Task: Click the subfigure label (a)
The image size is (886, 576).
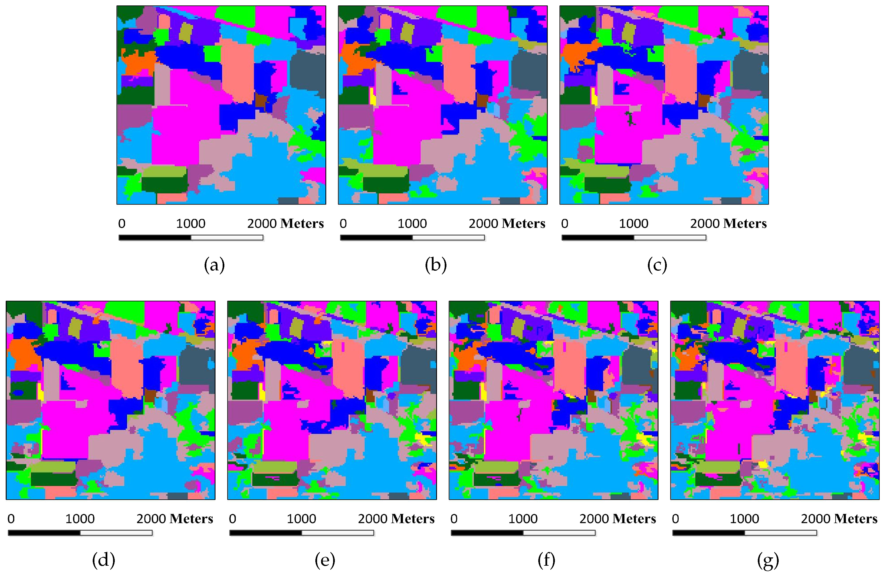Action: coord(214,265)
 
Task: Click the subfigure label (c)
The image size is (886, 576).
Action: coord(657,265)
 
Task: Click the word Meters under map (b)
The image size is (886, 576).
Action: coord(523,223)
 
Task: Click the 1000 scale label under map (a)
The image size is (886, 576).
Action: coord(190,223)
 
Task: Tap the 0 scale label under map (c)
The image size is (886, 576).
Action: coord(564,223)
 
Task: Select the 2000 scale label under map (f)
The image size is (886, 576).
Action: coord(594,519)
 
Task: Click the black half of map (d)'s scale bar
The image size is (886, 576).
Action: coord(44,533)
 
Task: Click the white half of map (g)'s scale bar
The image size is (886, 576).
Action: coord(780,533)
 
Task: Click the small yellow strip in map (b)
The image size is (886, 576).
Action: coord(372,96)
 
